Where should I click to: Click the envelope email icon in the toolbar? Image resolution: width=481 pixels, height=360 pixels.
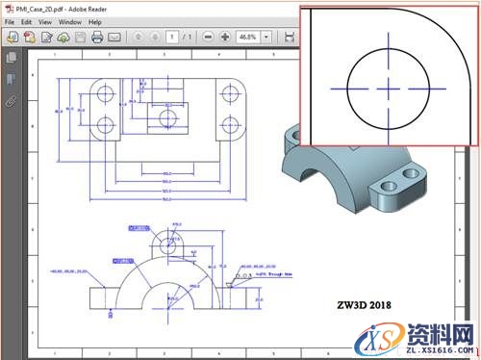pos(114,38)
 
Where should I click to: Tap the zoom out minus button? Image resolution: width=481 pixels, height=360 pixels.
pos(209,38)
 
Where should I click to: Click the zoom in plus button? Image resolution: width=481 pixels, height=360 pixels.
pos(225,38)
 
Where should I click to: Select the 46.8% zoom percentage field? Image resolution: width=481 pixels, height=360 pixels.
pos(249,38)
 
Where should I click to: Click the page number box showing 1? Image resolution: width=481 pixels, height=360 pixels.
pos(170,38)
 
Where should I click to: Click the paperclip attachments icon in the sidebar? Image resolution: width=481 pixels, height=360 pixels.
pos(11,99)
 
